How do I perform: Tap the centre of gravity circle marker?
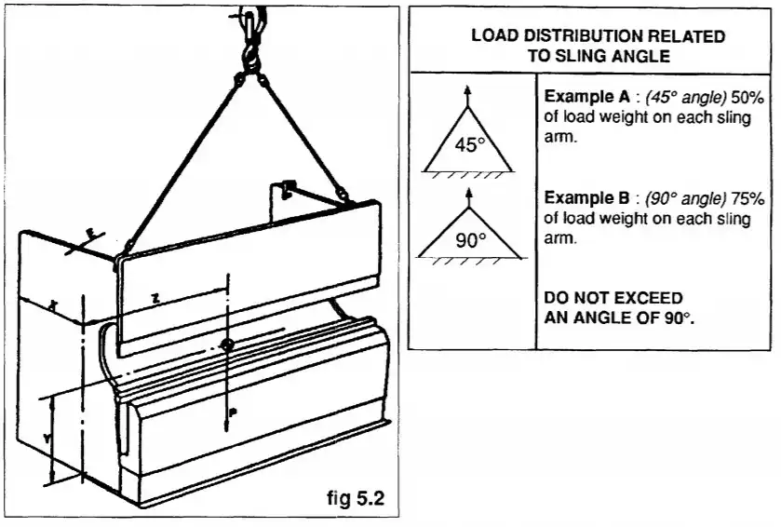pos(227,345)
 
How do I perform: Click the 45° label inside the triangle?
pos(471,145)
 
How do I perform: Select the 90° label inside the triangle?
pos(471,238)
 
